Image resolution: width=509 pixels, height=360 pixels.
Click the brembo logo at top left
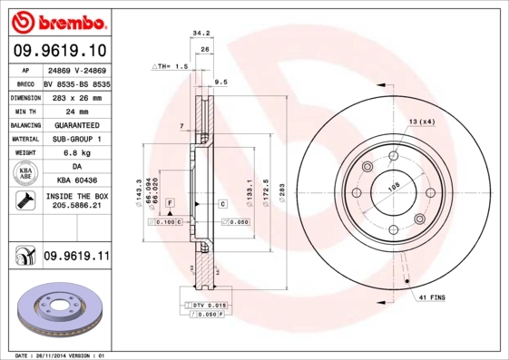coord(56,20)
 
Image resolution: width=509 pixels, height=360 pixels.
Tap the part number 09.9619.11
coord(76,257)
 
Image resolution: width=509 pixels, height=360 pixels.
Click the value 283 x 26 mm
coord(76,97)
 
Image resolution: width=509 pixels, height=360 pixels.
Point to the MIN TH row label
coord(24,111)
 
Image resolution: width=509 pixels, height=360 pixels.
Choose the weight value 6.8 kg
coord(76,153)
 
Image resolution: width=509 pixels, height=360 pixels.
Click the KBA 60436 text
coord(76,180)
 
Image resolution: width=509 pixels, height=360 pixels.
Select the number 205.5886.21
coord(76,207)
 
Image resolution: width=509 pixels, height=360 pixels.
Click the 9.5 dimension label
coord(220,82)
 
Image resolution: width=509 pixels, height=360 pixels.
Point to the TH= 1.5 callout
coord(171,66)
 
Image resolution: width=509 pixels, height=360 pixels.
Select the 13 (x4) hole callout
coord(421,121)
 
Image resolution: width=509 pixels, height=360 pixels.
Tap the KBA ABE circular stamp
coord(24,173)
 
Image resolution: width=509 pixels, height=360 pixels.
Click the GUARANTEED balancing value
coord(76,125)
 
